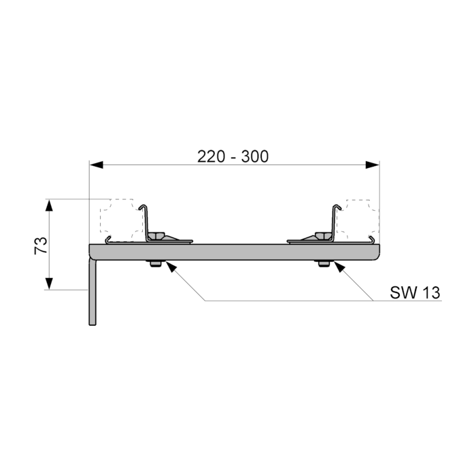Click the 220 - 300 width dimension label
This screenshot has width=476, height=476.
[x=233, y=156]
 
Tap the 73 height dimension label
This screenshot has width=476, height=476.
[x=41, y=245]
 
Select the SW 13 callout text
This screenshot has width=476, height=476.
[x=415, y=292]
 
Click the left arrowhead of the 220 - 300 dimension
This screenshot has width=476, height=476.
[x=97, y=165]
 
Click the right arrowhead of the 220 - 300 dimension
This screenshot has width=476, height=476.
[x=373, y=165]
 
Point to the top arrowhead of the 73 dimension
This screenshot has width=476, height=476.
[x=49, y=205]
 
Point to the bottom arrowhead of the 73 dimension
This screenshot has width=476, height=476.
[x=49, y=284]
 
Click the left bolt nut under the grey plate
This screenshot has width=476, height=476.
[x=156, y=264]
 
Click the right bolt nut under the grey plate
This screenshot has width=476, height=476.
[x=324, y=264]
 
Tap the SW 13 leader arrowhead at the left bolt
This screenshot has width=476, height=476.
[x=171, y=267]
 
